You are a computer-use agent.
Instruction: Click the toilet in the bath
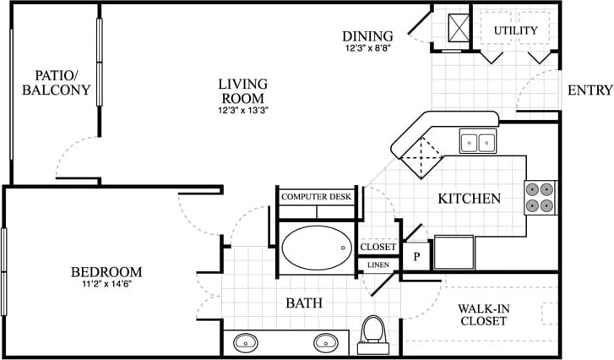tap(370, 333)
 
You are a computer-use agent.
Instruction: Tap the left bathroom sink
tap(246, 343)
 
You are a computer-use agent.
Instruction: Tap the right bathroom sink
tap(325, 343)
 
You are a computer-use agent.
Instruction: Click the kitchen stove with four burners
tap(541, 196)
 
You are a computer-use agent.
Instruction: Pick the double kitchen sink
tap(478, 142)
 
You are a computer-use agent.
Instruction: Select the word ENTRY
tap(589, 91)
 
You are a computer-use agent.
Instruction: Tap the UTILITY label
tap(515, 30)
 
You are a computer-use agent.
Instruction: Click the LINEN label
tap(378, 265)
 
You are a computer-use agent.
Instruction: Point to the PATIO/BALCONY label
tap(57, 83)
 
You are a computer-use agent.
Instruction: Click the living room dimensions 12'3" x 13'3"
tap(242, 109)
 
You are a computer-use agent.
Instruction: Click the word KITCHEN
tap(469, 199)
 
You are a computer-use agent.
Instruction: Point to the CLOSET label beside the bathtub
tap(378, 248)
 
